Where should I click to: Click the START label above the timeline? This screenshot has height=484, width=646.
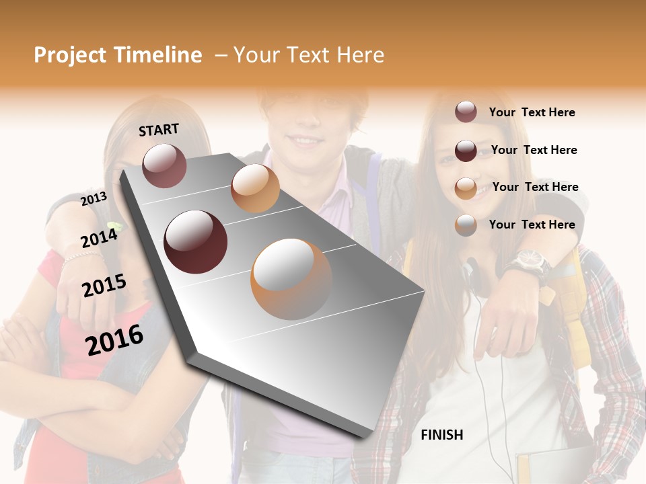(x=159, y=130)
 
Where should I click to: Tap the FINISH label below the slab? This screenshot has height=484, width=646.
(x=441, y=435)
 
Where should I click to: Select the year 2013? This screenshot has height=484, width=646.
(x=94, y=199)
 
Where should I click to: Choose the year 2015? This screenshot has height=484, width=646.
(x=104, y=286)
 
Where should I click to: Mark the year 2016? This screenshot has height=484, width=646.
(x=114, y=339)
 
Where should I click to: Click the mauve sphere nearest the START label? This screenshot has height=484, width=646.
(x=164, y=165)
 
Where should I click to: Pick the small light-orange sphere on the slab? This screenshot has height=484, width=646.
(x=255, y=188)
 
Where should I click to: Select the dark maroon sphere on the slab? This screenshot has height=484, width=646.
(x=195, y=242)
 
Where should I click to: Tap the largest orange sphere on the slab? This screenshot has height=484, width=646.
(x=291, y=279)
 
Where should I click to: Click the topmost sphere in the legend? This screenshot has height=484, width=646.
(x=466, y=112)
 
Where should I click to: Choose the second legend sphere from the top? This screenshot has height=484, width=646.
(x=466, y=151)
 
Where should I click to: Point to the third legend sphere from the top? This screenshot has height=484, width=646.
(x=466, y=188)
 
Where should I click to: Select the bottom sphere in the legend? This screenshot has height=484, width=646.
(x=466, y=225)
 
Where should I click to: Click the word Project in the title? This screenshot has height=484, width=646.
(x=71, y=56)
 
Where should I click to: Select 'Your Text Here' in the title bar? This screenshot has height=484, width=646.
(x=309, y=56)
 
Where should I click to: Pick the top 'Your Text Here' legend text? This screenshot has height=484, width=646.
(x=532, y=112)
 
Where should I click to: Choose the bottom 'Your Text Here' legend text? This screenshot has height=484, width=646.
(x=532, y=225)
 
